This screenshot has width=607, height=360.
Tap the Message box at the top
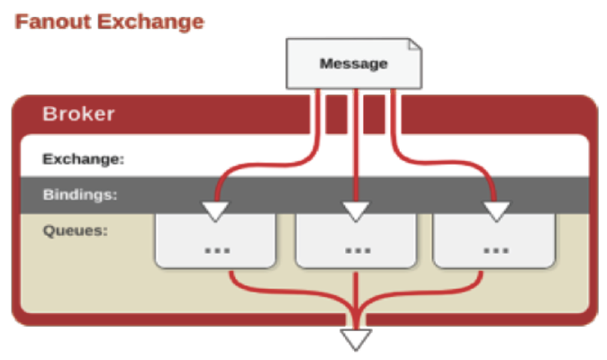coord(354,63)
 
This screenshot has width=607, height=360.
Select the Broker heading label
coord(78,114)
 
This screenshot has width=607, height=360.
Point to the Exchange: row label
coord(83,159)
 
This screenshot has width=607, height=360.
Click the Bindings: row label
coord(80,193)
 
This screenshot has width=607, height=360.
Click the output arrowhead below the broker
coord(357,339)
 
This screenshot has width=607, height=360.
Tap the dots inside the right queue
coord(493,248)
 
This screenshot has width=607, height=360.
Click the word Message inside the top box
coord(353,64)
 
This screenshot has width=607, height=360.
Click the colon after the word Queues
coord(105,230)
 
